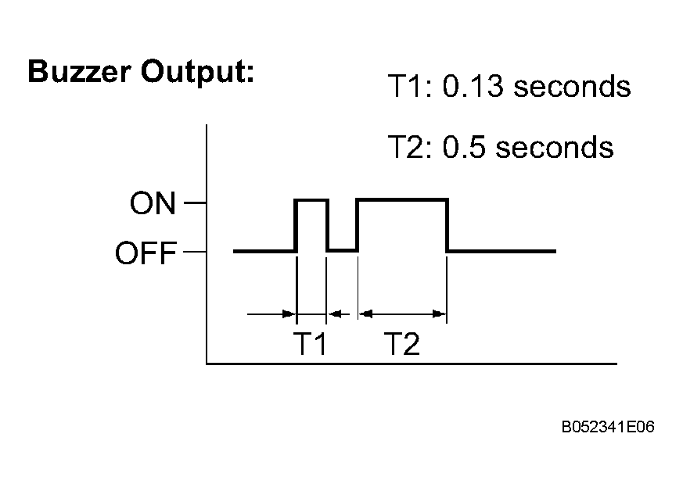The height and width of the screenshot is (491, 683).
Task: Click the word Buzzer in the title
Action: pos(79,71)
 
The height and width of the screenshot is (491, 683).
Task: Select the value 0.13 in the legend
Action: pos(473,86)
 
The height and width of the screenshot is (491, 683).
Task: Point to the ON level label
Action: pos(153,202)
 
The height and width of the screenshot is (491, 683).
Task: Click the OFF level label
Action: pos(146,253)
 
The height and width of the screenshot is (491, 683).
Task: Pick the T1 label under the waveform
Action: pos(310,343)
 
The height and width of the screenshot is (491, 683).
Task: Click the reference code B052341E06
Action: pos(608,427)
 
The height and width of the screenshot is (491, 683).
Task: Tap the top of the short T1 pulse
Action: pos(311,200)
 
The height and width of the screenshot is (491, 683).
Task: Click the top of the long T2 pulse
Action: pos(402,200)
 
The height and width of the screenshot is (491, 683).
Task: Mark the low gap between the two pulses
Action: pos(343,251)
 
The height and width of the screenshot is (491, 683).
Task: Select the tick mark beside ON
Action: pos(195,202)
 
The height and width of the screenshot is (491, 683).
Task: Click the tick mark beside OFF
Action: pos(195,252)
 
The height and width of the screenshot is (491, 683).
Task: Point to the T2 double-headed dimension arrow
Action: pos(402,314)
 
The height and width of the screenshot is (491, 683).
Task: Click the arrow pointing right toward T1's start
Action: pos(271,314)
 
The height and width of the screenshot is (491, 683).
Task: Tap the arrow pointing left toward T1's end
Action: pos(338,314)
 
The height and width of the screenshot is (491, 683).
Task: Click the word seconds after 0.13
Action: pos(573,86)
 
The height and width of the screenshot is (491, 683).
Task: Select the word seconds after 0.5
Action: pos(555,147)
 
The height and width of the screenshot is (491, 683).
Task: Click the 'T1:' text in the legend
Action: pos(409,86)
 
